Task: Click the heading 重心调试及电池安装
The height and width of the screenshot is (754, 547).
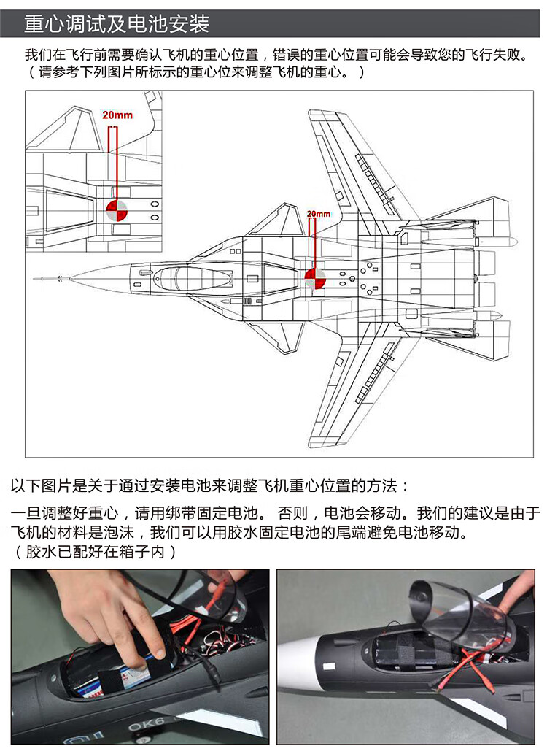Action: [117, 24]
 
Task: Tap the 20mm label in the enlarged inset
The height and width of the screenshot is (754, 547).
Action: [117, 115]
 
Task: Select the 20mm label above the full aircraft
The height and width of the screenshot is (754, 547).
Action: [319, 214]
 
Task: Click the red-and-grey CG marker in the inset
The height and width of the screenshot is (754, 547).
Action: [116, 211]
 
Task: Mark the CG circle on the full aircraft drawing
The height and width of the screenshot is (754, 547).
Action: [315, 278]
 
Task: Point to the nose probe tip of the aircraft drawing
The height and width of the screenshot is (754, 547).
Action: [34, 279]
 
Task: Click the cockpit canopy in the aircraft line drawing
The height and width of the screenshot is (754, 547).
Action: [193, 278]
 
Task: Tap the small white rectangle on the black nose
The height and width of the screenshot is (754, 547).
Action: [329, 666]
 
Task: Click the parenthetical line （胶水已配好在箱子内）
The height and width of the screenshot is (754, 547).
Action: [94, 552]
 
